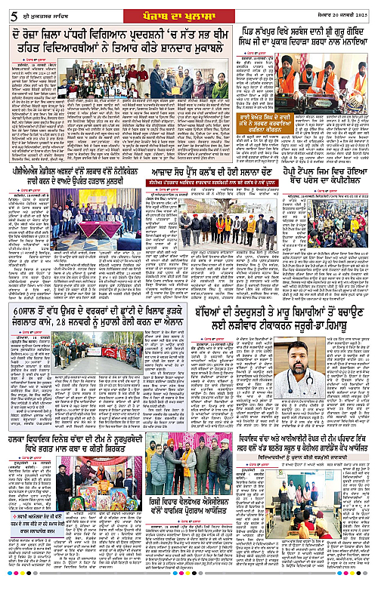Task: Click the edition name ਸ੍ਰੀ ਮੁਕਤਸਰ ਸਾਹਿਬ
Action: pyautogui.click(x=48, y=12)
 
